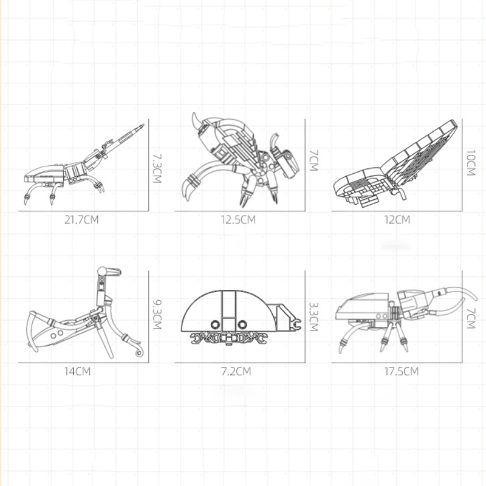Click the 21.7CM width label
(x=81, y=219)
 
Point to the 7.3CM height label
(x=157, y=168)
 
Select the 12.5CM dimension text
(x=238, y=219)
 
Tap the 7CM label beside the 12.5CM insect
(x=313, y=160)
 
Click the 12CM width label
(x=397, y=219)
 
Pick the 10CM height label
(x=470, y=163)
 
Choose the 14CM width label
(x=77, y=371)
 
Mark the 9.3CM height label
(x=157, y=313)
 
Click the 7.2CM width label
(x=236, y=371)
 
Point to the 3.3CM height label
(x=313, y=317)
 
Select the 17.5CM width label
(x=402, y=371)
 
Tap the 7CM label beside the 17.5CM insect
(x=470, y=318)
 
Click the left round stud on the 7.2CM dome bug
(x=215, y=324)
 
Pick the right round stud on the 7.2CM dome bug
(x=242, y=324)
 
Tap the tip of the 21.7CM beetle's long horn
(x=143, y=125)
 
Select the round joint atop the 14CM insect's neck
(x=101, y=271)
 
